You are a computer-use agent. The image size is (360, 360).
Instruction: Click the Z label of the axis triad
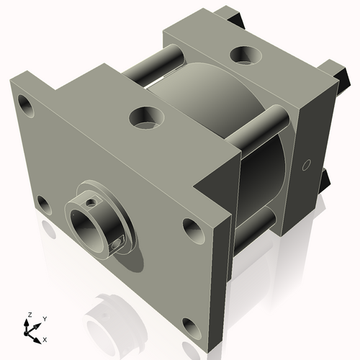click(x=29, y=315)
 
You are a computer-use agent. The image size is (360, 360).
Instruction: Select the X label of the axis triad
click(x=45, y=338)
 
